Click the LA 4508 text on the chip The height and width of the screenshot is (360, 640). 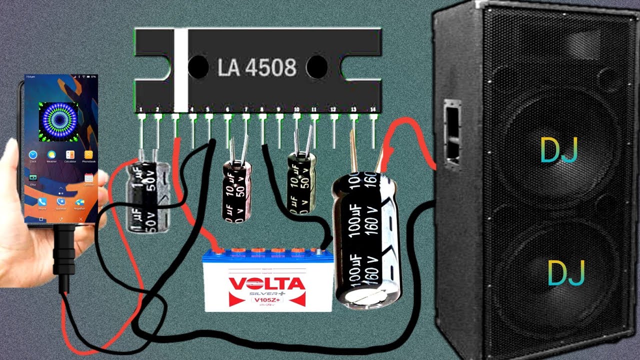pos(257,67)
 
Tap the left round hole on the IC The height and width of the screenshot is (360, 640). pos(198,67)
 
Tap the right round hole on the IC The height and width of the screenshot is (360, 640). pos(316,67)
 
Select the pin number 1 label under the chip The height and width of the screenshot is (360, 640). pos(141,109)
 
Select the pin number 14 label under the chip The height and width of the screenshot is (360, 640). pos(372,109)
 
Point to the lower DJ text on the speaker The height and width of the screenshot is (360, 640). pos(566,273)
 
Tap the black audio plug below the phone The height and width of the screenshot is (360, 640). pos(64,255)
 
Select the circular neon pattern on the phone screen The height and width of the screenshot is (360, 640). pos(58,120)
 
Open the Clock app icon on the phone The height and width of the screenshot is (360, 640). pos(33,155)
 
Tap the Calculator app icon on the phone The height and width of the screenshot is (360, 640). pos(70,155)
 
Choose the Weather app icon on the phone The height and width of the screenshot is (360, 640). pos(51,155)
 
